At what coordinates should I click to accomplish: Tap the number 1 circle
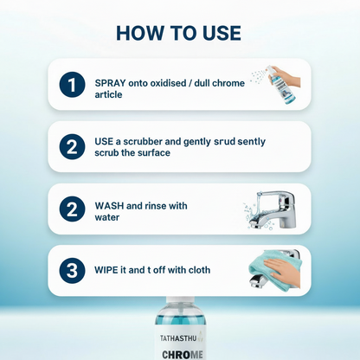tap(72, 85)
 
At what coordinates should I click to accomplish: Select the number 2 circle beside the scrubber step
tap(72, 147)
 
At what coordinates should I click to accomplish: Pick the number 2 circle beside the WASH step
tap(72, 209)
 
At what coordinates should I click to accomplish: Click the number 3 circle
tap(72, 271)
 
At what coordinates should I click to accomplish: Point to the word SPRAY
tap(110, 83)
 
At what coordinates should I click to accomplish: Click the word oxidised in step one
tap(165, 83)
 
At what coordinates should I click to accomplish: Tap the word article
tap(108, 94)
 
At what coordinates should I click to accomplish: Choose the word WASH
tap(109, 206)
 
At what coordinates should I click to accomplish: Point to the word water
tap(107, 217)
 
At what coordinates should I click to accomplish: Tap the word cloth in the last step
tap(199, 270)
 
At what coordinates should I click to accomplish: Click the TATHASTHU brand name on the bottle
tap(178, 338)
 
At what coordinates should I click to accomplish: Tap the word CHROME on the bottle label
tap(183, 355)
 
